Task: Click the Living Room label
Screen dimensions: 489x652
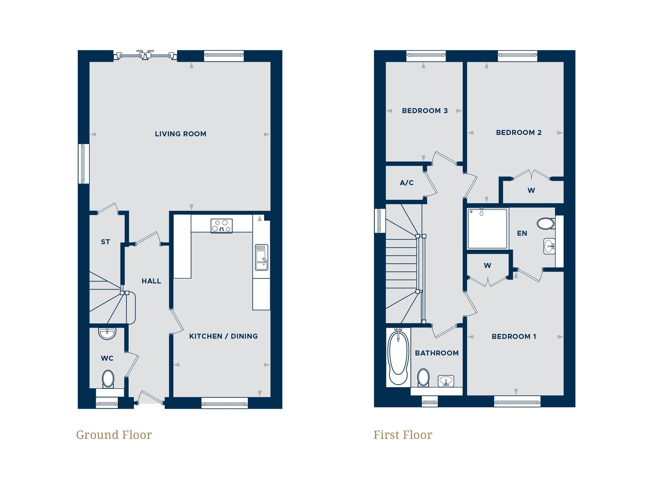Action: point(180,134)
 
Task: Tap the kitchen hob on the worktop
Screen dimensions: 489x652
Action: point(221,226)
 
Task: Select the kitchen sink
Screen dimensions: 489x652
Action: point(261,257)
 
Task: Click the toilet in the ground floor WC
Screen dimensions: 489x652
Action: point(108,379)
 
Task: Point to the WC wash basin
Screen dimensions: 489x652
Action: point(107,333)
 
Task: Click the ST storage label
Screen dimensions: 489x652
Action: point(105,242)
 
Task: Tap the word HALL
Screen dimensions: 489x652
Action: point(151,281)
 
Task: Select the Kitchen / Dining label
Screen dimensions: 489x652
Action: point(223,336)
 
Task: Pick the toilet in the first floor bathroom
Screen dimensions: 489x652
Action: point(423,378)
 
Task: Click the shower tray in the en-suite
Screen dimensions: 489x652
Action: point(487,229)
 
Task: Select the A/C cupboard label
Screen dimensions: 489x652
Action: point(407,183)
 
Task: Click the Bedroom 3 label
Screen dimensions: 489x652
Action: point(424,111)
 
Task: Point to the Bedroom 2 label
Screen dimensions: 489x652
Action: point(518,133)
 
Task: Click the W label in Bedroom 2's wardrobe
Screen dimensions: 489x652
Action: point(531,190)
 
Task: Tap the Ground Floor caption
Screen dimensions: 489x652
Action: point(114,435)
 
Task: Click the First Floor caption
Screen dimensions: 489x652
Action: point(403,435)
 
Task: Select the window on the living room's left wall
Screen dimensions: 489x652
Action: point(83,164)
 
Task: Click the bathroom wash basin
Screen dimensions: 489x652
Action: point(446,381)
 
